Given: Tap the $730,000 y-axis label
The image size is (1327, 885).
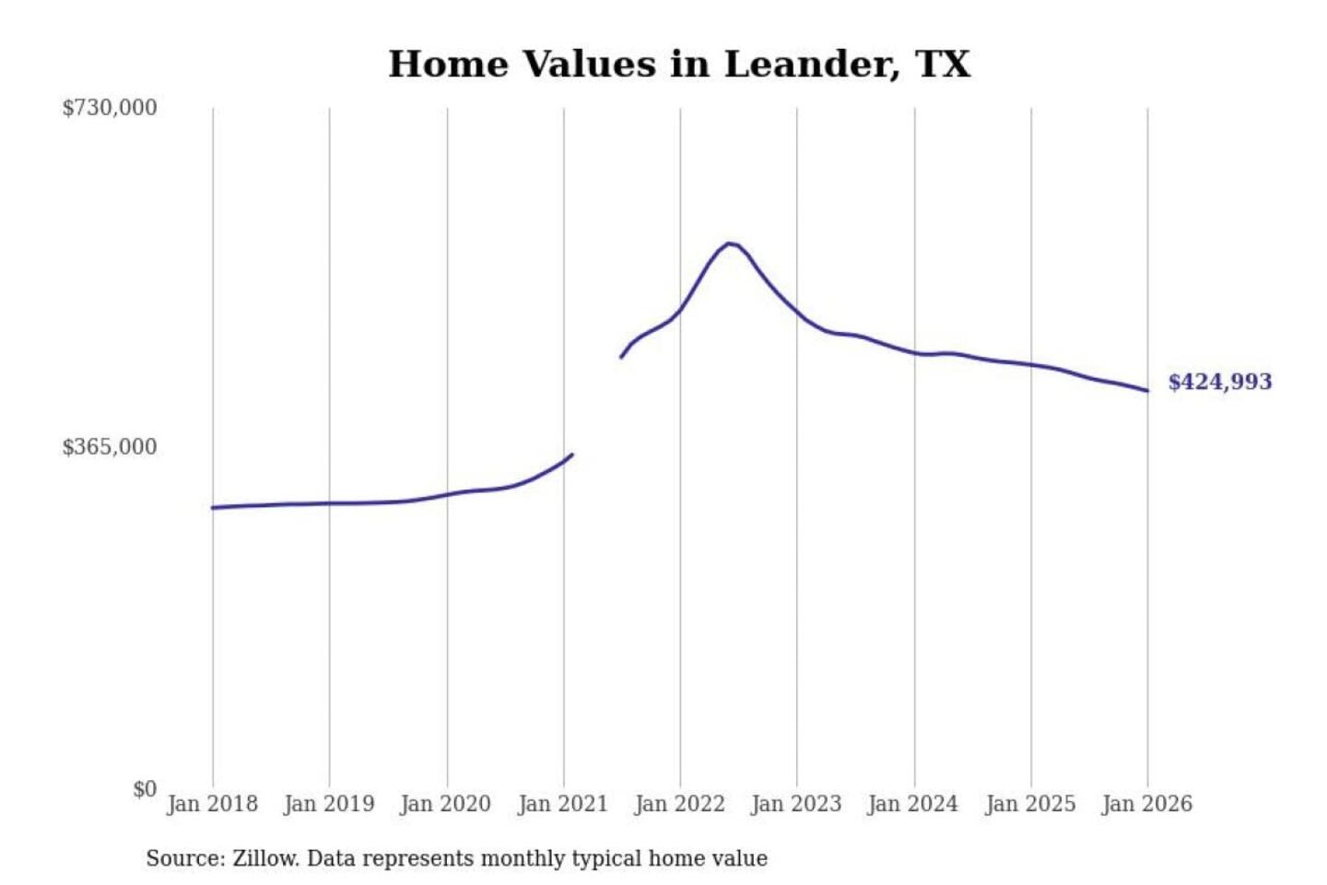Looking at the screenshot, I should pos(110,108).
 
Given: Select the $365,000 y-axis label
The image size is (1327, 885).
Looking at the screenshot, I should pos(110,447).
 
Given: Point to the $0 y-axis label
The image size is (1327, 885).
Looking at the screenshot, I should pos(145,789).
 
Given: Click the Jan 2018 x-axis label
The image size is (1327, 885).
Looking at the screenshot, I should pos(212,804).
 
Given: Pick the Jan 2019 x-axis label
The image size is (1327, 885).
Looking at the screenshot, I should pos(329,804).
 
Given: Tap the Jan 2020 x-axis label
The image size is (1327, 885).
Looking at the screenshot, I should pos(446,804).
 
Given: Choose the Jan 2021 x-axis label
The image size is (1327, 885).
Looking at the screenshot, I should pos(563,804).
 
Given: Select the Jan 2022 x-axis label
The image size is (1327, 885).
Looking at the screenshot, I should pos(680,804).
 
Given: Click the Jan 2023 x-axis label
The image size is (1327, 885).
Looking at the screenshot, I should pos(796,804).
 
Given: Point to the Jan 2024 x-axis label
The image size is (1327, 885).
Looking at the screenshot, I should pos(913,804).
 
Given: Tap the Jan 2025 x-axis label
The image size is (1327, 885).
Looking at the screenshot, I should pos(1030,804).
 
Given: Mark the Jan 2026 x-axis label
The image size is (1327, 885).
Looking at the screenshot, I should pos(1147,804).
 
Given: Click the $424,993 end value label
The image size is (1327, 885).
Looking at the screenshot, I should pos(1220,382).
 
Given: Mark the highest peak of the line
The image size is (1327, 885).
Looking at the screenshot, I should pos(730,243).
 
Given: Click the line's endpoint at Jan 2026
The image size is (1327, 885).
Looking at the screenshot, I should pos(1147,391).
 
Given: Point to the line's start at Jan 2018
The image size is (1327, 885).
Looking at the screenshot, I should pos(213,508).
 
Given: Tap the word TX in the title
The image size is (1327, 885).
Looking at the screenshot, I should pos(943,65).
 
